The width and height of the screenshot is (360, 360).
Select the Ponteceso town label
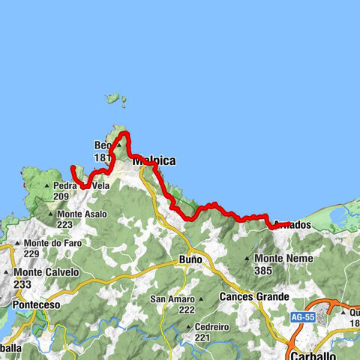click(x=34, y=306)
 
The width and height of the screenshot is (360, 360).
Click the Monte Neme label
click(x=274, y=258)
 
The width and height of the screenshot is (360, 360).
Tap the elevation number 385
click(x=265, y=270)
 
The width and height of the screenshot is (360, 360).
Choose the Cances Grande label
click(x=254, y=297)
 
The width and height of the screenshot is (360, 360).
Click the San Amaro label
click(x=173, y=299)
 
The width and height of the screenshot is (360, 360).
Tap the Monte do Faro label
click(x=51, y=243)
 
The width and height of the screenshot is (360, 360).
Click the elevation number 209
click(x=61, y=196)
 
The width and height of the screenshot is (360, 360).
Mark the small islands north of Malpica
click(x=115, y=98)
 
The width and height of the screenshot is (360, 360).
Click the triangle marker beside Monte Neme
click(x=248, y=259)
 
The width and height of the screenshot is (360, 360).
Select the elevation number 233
click(x=22, y=284)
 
